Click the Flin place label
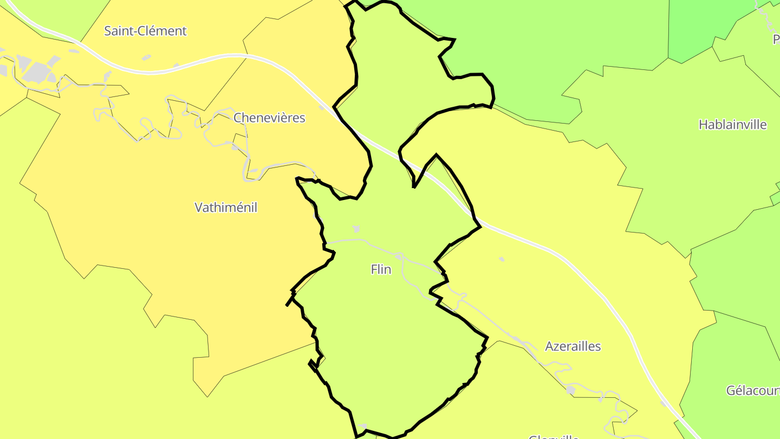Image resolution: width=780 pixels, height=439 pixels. tap(381, 269)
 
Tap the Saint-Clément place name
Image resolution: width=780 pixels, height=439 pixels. tap(145, 31)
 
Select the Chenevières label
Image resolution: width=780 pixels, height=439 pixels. tap(269, 118)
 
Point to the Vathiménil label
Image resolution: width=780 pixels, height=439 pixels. tap(225, 207)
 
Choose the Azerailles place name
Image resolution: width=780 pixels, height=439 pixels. tap(573, 346)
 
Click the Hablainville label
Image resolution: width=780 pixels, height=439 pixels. tap(732, 125)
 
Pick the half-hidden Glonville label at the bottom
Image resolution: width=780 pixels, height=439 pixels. tap(554, 436)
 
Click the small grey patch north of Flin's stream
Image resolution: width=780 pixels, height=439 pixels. tap(356, 229)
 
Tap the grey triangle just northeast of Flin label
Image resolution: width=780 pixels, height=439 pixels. tap(399, 256)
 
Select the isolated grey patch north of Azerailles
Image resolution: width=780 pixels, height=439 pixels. tap(502, 259)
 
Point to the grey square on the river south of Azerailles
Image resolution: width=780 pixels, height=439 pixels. tap(570, 390)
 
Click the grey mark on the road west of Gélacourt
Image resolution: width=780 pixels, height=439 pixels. tap(664, 403)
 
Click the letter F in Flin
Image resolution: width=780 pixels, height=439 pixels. tap(374, 269)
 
